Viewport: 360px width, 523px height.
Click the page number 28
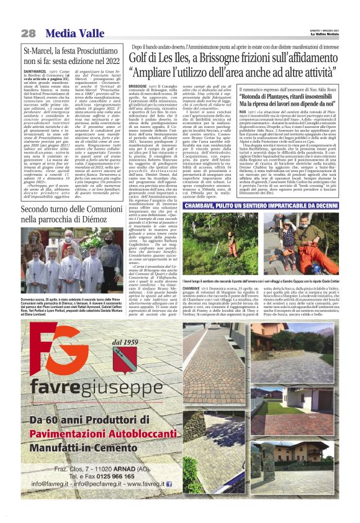[x=29, y=33]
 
